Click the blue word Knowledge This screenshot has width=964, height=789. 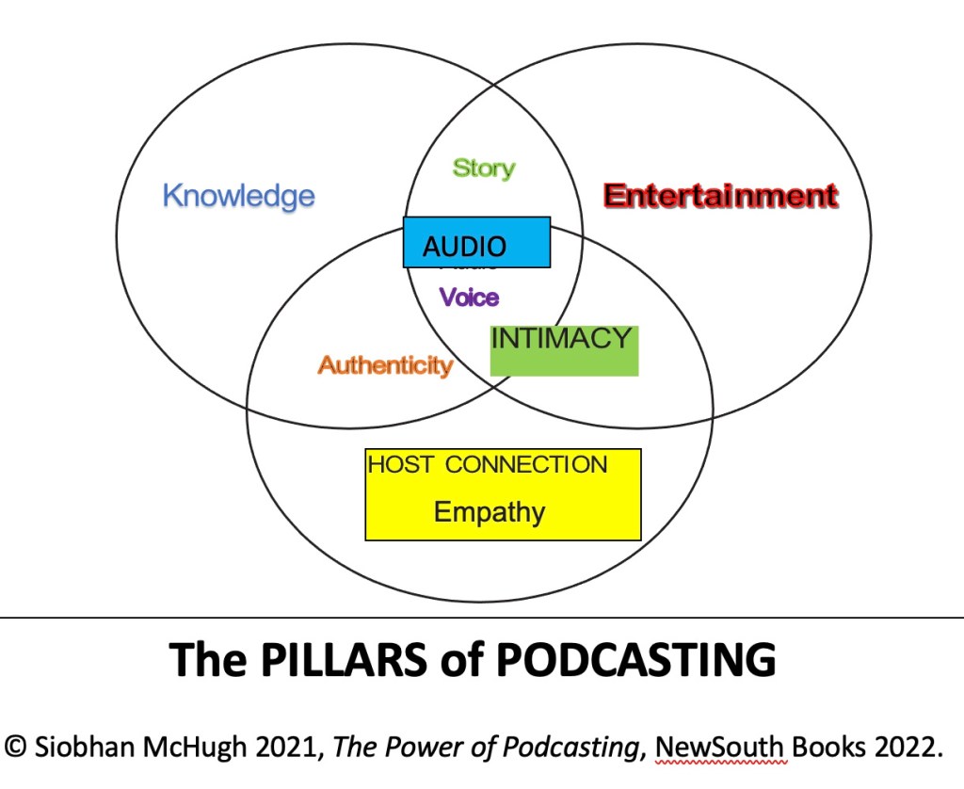coord(238,196)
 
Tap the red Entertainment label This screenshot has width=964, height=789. coord(720,196)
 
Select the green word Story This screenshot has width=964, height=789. coord(484,169)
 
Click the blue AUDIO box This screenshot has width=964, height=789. coord(476,243)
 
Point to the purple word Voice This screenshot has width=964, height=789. coord(470,298)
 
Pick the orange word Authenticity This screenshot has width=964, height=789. coord(385,365)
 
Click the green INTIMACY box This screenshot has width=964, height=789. coord(564,350)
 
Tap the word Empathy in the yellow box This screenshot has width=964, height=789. coord(490,512)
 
